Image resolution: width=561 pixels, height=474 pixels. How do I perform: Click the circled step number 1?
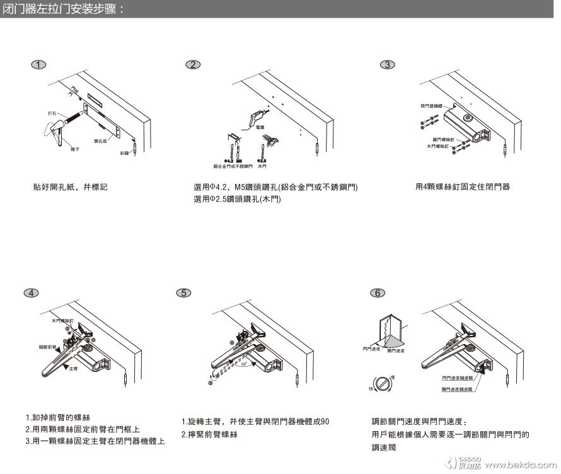[39, 65]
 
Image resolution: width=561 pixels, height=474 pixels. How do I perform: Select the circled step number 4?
[31, 292]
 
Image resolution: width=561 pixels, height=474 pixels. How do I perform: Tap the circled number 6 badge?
[376, 292]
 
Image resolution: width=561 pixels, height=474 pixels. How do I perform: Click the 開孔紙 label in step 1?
[100, 141]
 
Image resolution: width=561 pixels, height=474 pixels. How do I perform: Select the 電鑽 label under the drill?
[260, 127]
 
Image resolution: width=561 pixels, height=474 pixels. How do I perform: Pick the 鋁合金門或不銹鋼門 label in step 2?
[232, 166]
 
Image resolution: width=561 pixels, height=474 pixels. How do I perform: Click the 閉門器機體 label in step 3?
[432, 105]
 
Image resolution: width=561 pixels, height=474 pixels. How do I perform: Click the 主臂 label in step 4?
[73, 367]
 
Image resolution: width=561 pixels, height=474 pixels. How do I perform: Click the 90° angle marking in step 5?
[243, 364]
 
